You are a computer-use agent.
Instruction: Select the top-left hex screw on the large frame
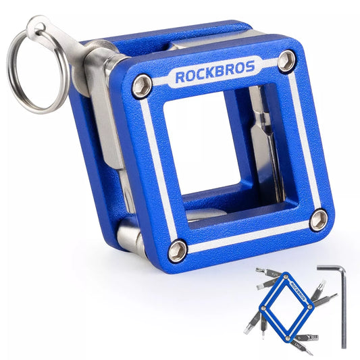tap(141, 86)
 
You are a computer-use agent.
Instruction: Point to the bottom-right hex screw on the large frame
tap(318, 219)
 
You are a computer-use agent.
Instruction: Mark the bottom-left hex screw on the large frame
tap(178, 251)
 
